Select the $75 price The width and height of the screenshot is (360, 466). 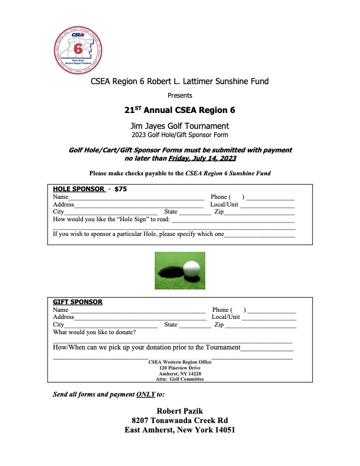pos(121,189)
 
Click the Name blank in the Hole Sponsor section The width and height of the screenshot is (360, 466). pos(136,198)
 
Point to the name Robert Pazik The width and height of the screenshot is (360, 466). pos(179,410)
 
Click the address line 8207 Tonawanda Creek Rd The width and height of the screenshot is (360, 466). pos(179,420)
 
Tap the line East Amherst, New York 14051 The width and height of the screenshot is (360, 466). pos(179,430)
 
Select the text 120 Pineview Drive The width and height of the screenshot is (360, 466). pos(179,368)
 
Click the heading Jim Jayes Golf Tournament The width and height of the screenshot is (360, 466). pos(179,126)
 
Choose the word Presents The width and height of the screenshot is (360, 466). pos(179,95)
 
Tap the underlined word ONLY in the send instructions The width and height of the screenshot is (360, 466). pos(145,394)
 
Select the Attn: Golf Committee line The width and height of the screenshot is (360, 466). pos(179,380)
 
